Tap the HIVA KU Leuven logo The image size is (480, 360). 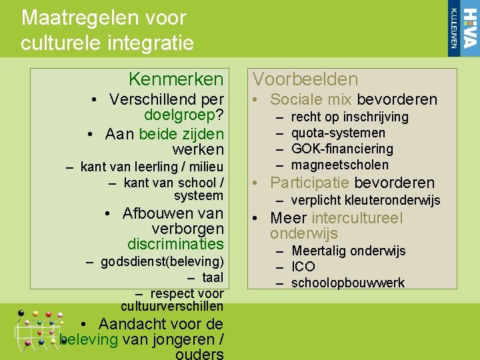point(463,27)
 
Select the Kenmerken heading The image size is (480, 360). point(176,79)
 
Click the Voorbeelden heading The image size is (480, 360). point(305,79)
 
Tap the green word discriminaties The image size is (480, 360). point(175,244)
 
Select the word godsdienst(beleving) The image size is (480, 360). point(162,261)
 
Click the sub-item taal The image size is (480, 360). point(213,277)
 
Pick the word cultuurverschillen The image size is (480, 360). point(172,307)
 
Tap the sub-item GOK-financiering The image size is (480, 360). point(343,149)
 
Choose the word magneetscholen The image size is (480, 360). point(340,165)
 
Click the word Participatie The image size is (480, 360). point(310,183)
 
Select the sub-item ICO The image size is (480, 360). point(303,267)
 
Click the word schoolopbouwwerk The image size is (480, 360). point(348,283)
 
